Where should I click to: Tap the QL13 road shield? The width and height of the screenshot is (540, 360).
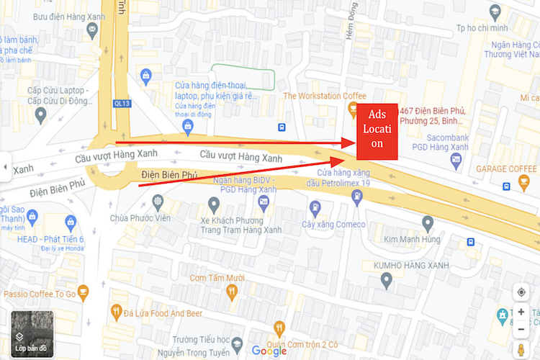122,103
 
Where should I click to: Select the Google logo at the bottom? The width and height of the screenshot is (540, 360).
269,351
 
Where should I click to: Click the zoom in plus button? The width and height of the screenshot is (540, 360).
521,312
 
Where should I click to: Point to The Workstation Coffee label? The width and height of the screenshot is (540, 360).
325,96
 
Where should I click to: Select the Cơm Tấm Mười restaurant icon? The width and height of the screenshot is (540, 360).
231,292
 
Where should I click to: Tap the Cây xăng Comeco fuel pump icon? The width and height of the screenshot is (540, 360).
315,207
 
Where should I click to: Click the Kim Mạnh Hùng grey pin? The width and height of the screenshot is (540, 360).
428,222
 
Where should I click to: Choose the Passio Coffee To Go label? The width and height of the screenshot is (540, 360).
40,294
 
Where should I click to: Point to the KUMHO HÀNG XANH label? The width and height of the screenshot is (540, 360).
411,266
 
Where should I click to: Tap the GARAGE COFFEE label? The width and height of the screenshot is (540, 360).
508,168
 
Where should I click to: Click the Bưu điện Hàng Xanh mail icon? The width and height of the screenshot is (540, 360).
92,30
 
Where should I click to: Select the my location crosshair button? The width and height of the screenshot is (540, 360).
521,292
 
